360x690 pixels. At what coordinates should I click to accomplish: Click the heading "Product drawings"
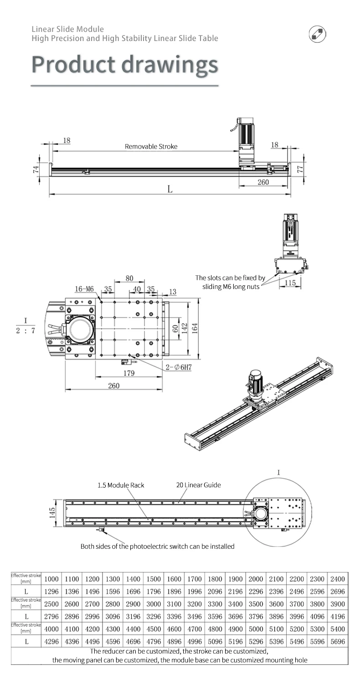124,65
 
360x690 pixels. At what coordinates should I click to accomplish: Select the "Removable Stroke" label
151,147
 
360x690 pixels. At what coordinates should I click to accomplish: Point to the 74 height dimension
36,170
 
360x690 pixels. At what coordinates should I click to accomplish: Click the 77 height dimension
299,169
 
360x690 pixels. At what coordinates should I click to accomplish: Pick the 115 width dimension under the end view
290,283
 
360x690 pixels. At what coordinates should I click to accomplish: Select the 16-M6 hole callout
84,289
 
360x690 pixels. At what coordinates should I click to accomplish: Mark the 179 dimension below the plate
129,373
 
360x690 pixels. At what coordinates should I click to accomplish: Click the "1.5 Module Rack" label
121,485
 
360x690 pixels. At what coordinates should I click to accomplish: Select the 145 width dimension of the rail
52,515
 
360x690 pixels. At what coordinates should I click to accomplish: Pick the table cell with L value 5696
338,641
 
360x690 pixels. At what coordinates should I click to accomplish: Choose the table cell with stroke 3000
153,603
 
